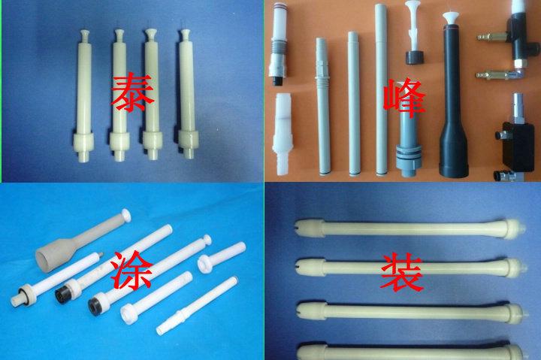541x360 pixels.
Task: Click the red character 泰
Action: (132, 92)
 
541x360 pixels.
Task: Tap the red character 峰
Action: (404, 98)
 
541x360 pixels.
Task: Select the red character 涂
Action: (131, 270)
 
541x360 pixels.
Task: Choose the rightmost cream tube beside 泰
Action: (188, 94)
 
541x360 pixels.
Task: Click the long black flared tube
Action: (452, 100)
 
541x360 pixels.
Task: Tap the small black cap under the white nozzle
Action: (414, 58)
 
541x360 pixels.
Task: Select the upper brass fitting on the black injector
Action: (491, 36)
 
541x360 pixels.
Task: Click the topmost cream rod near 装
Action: (411, 228)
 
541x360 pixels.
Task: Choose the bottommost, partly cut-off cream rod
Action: (410, 352)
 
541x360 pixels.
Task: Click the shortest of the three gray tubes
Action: (322, 107)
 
